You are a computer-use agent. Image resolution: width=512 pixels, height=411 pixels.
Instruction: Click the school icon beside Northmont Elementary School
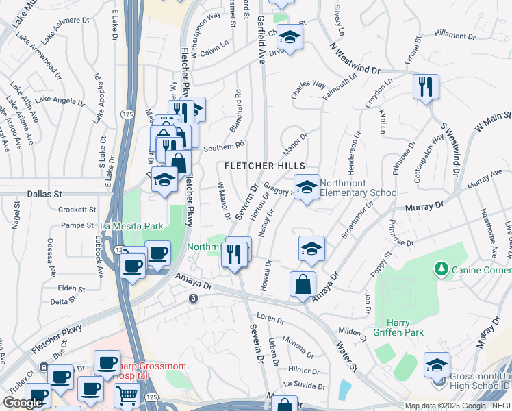point(307,186)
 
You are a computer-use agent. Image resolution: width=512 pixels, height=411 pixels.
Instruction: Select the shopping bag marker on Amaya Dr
point(303,284)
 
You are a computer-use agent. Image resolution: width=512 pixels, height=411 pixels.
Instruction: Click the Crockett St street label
point(77,210)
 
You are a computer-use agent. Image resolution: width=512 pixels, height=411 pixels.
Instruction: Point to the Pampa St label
point(77,225)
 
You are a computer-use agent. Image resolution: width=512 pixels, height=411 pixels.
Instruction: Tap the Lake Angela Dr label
point(59,101)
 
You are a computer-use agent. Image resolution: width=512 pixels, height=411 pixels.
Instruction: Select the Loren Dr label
point(270,319)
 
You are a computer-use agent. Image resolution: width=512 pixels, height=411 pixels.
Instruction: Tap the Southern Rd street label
point(223,146)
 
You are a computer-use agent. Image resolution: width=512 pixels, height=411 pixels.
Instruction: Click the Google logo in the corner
point(23,403)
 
